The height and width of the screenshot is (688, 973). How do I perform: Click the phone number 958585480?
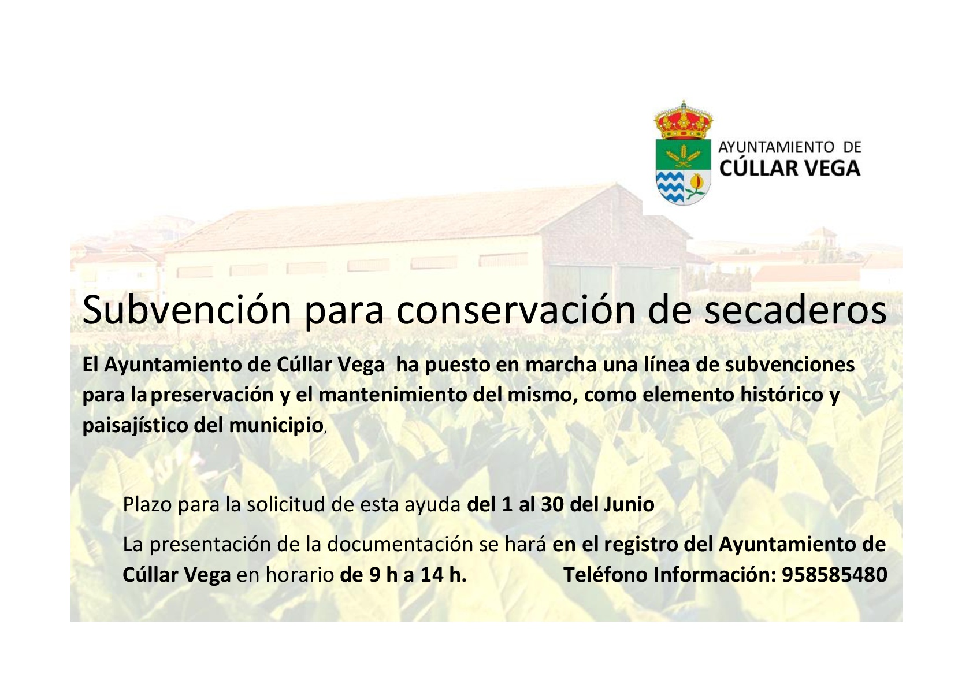(834, 575)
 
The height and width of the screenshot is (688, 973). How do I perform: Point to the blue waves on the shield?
(670, 187)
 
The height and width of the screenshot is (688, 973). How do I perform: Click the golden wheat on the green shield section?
(684, 155)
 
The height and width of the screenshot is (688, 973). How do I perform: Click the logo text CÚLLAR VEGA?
(790, 169)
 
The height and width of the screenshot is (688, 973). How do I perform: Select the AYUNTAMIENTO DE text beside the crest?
(790, 147)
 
